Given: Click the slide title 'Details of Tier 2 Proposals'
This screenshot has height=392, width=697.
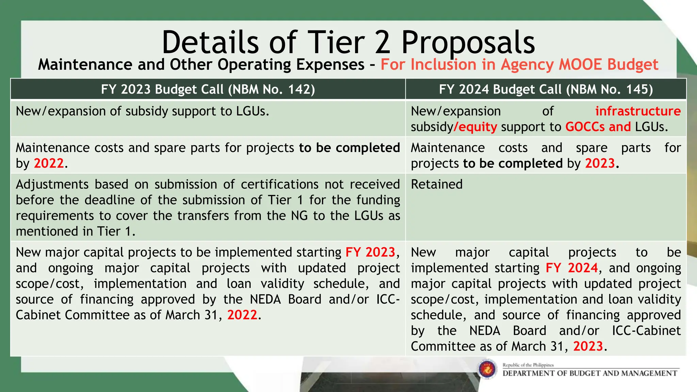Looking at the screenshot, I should [348, 42].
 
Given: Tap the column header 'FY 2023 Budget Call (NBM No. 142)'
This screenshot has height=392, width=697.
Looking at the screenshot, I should [208, 89].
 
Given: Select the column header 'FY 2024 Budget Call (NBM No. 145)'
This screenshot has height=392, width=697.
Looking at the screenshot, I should [546, 89].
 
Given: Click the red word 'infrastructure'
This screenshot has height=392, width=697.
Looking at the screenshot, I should [638, 111].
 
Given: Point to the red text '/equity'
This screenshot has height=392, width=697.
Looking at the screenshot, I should [475, 127].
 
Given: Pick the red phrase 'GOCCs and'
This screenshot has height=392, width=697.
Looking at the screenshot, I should [598, 127].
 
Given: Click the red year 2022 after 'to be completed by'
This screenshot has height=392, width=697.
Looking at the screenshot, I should [49, 164].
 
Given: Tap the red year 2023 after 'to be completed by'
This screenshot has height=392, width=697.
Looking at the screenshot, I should [600, 164].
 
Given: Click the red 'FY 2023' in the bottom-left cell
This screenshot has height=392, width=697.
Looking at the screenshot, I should [370, 252].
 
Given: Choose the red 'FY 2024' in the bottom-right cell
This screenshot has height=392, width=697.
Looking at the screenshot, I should [571, 268].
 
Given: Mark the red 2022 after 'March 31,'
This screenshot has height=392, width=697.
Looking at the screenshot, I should [242, 315].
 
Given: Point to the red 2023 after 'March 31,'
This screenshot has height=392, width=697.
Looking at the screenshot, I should [588, 346].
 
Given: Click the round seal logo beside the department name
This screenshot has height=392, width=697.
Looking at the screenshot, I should [487, 369].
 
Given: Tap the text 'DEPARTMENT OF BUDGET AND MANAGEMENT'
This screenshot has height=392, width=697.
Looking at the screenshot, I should [590, 373].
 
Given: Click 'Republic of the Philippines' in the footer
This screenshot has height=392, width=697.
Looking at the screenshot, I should [528, 365].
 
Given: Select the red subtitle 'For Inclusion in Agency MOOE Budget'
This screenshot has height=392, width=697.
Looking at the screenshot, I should [519, 65].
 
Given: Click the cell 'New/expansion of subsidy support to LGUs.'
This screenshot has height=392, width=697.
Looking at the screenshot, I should [143, 111].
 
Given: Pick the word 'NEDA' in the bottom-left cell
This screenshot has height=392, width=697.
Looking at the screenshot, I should [265, 299].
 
